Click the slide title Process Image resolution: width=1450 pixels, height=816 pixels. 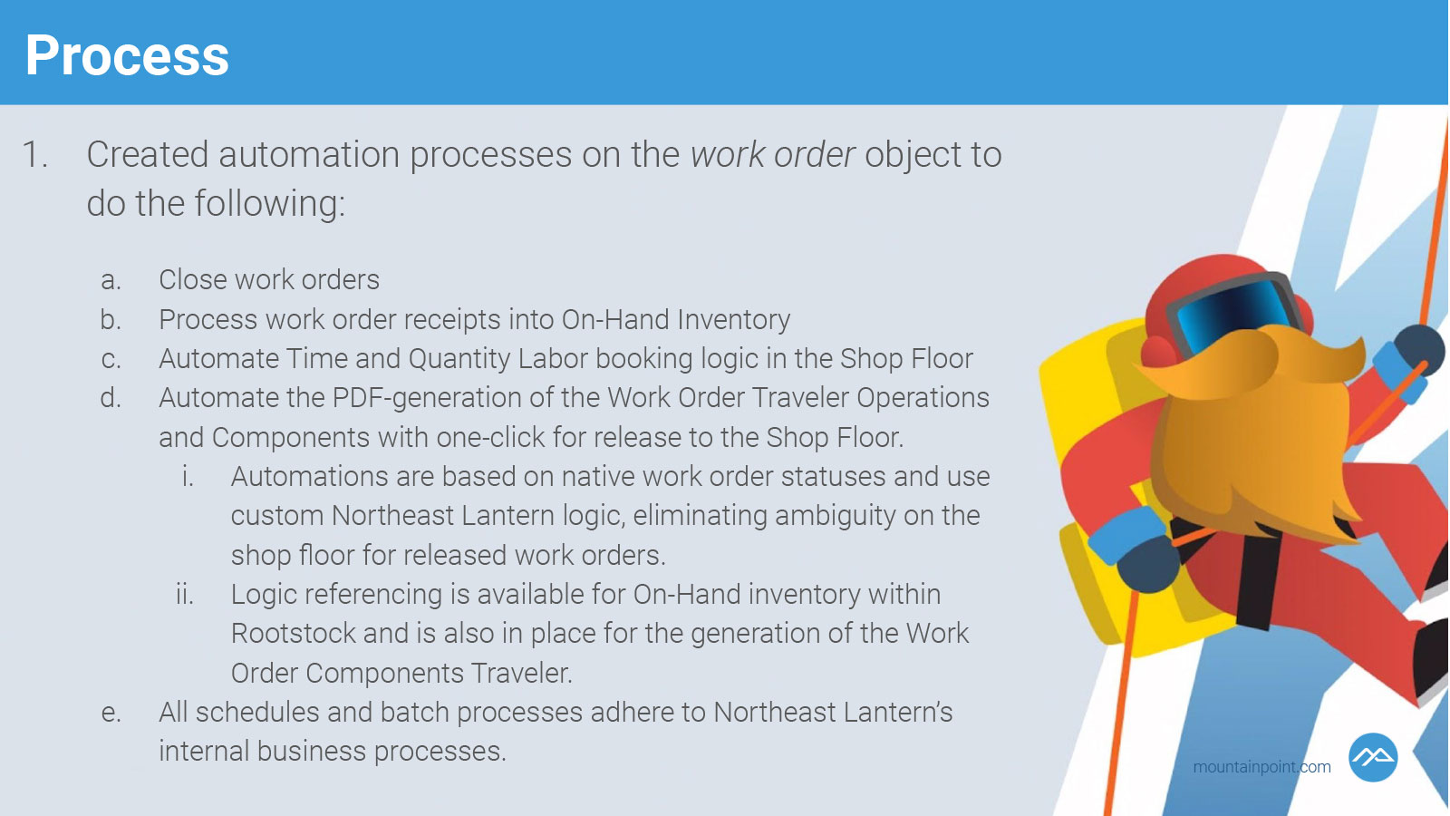pyautogui.click(x=127, y=55)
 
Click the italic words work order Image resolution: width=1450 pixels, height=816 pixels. pyautogui.click(x=772, y=155)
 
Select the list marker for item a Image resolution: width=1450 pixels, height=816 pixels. pyautogui.click(x=111, y=280)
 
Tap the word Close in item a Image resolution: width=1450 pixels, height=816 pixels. pyautogui.click(x=192, y=280)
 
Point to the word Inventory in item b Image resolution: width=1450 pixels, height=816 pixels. pyautogui.click(x=733, y=320)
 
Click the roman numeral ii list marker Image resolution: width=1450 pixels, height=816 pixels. pyautogui.click(x=185, y=595)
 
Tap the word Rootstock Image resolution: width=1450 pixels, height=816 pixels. pyautogui.click(x=293, y=634)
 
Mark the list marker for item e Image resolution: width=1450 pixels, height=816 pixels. pyautogui.click(x=111, y=713)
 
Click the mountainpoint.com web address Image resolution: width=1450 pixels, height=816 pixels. pyautogui.click(x=1261, y=767)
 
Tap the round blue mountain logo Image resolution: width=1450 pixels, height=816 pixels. pyautogui.click(x=1372, y=757)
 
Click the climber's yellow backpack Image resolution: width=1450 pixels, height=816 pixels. pyautogui.click(x=1100, y=480)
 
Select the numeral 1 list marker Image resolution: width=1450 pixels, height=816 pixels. pyautogui.click(x=35, y=155)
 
